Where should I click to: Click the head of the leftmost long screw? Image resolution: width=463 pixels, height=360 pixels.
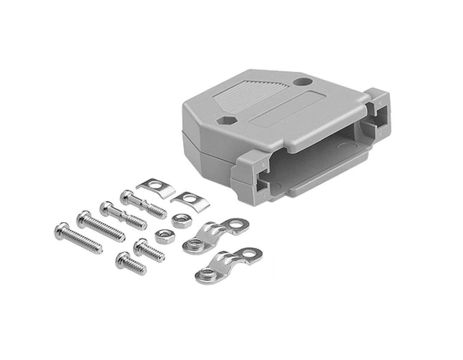tap(61, 230)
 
